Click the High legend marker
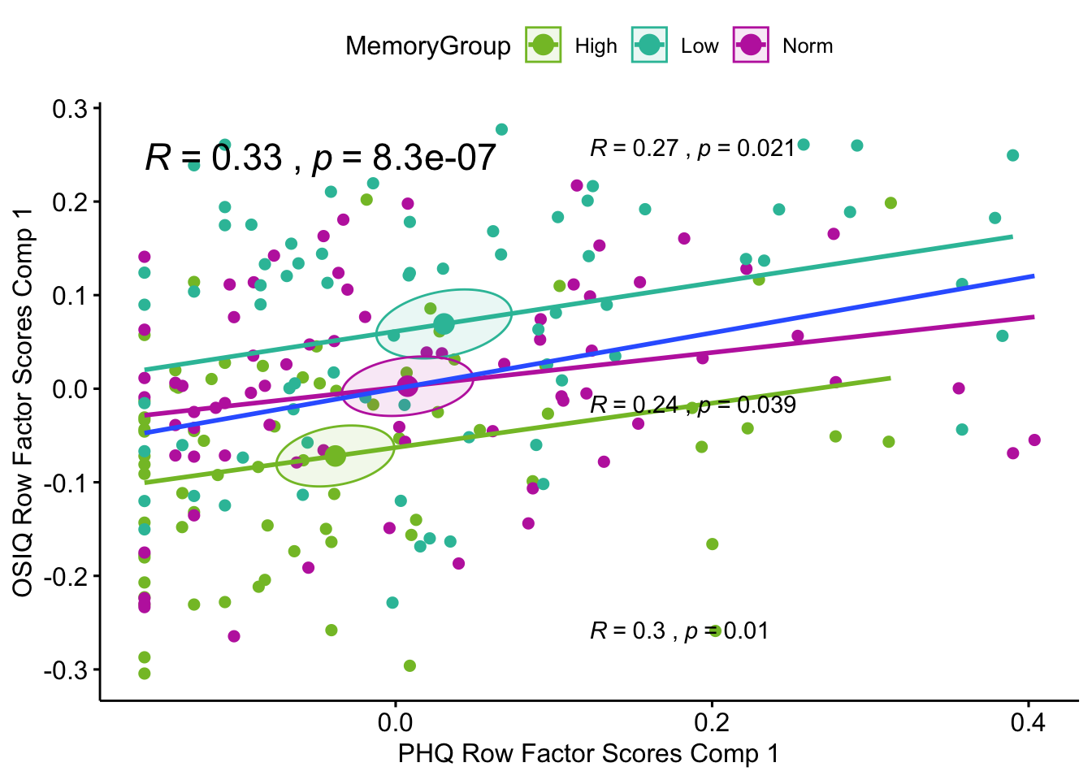543,45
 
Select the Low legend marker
649,45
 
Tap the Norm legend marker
751,45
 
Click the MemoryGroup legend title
427,46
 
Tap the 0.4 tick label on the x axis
1028,722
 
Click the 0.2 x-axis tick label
712,722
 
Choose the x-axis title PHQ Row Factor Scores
587,754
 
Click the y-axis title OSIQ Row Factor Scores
23,401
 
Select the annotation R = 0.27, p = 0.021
691,148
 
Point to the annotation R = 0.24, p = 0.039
692,405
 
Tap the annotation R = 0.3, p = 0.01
678,630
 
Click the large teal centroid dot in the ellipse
444,324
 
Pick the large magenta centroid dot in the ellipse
407,387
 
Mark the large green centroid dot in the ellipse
335,456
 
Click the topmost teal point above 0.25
501,130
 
